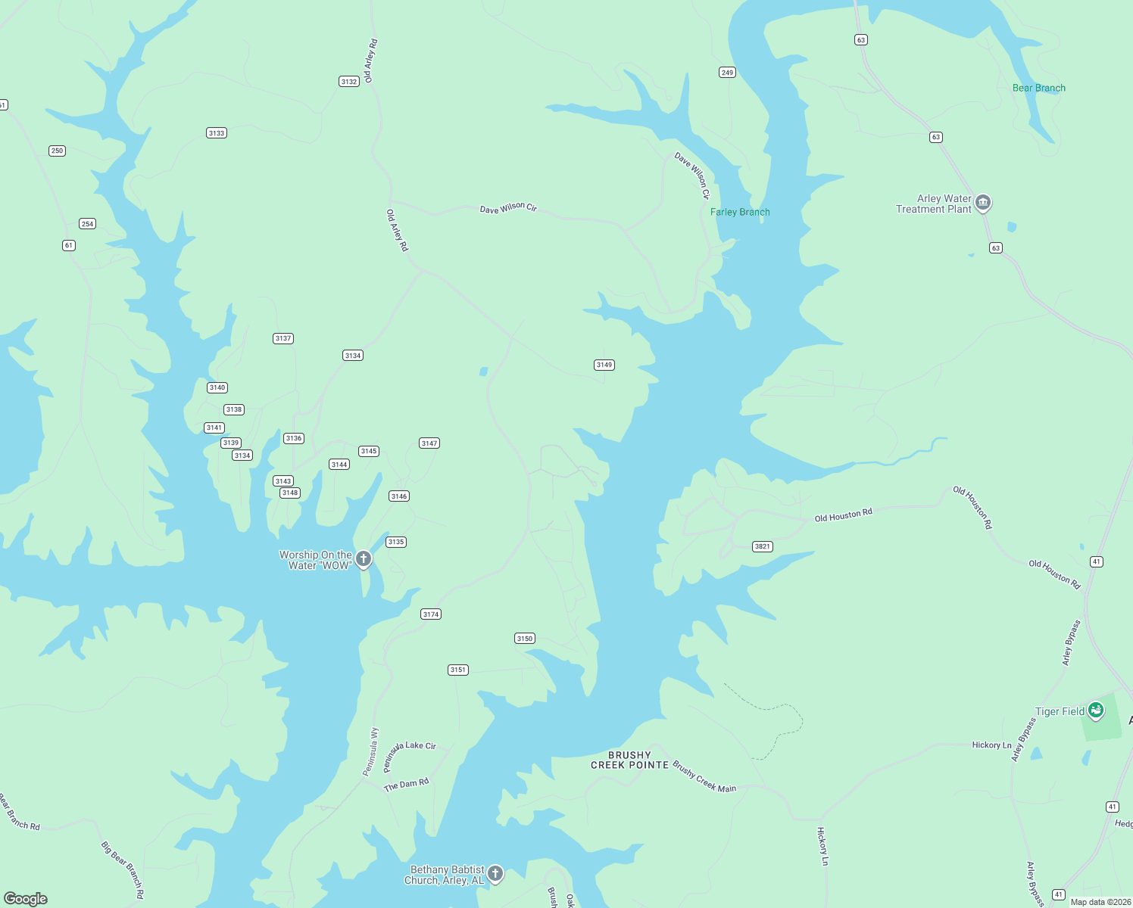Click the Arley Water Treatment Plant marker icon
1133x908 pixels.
(982, 202)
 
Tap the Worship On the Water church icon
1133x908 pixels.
(364, 559)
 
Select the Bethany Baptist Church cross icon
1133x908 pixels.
(495, 874)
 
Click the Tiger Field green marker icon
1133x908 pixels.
(1095, 711)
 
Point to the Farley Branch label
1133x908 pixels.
(740, 212)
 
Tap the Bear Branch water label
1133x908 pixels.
(1038, 88)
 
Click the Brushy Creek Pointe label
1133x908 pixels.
(629, 760)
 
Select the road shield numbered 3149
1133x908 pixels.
(604, 365)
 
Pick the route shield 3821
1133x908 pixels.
(762, 546)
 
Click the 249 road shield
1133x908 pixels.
(727, 73)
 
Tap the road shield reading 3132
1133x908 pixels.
(348, 82)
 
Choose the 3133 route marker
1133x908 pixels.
(216, 133)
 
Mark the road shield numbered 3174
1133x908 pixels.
(431, 614)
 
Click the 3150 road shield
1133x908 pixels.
(524, 639)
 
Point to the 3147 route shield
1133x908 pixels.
(429, 443)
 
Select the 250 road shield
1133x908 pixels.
(57, 151)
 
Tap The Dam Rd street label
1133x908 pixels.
(406, 784)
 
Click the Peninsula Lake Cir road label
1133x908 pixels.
(409, 753)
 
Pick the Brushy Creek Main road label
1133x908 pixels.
(704, 777)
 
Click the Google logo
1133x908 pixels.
(26, 899)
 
